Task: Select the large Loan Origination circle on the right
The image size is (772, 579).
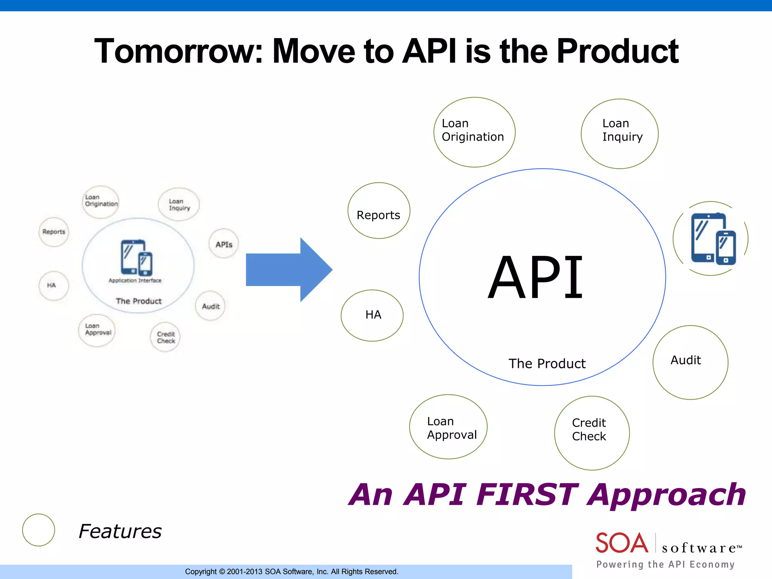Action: pyautogui.click(x=474, y=132)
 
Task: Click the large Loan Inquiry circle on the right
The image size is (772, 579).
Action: pyautogui.click(x=619, y=133)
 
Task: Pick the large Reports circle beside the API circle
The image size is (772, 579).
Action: pyautogui.click(x=378, y=211)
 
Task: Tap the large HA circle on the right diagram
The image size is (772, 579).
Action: pyautogui.click(x=372, y=315)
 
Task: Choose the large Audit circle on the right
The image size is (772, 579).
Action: pyautogui.click(x=690, y=362)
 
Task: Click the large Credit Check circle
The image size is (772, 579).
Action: pyautogui.click(x=591, y=433)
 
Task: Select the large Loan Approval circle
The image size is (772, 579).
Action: pyautogui.click(x=448, y=427)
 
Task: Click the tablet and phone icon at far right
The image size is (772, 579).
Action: pyautogui.click(x=712, y=239)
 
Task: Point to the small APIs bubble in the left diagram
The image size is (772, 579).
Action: pyautogui.click(x=224, y=244)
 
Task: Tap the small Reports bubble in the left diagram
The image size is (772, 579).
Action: pyautogui.click(x=54, y=232)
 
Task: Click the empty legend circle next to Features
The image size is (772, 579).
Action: pyautogui.click(x=38, y=530)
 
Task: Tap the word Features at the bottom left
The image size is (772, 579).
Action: pyautogui.click(x=120, y=531)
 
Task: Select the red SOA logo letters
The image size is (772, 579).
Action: pyautogui.click(x=621, y=543)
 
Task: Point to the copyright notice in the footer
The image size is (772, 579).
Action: pyautogui.click(x=291, y=571)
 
